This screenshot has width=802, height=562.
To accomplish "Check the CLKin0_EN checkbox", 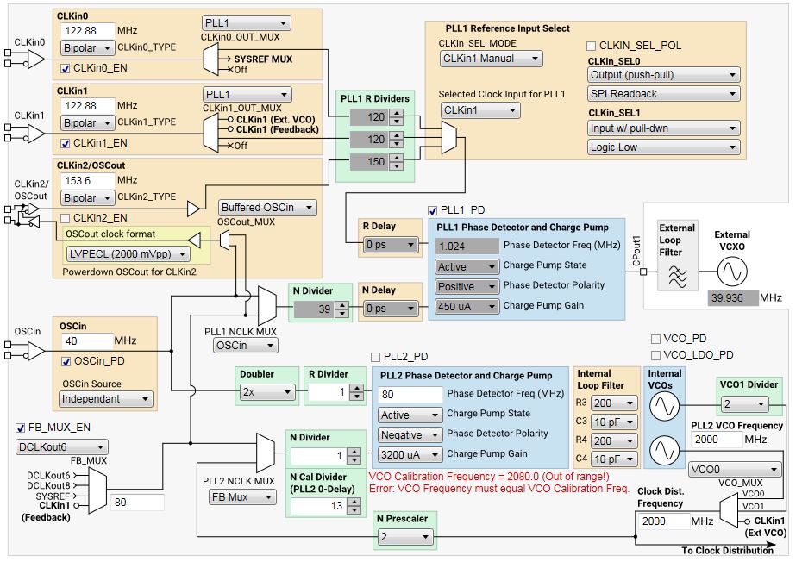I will (x=65, y=67).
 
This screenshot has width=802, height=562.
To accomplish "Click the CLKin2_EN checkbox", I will (x=65, y=218).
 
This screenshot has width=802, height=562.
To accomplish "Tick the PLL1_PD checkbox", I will (x=433, y=209).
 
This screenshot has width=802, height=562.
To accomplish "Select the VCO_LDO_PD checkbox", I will (x=656, y=354).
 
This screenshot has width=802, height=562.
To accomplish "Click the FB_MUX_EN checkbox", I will (x=22, y=428).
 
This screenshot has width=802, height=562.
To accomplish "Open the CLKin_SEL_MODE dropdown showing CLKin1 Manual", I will (x=490, y=59).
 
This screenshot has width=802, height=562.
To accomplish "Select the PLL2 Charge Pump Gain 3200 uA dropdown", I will (x=410, y=454).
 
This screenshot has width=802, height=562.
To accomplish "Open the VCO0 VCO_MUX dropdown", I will (x=734, y=470).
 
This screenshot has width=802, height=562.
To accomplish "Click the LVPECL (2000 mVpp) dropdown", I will (x=135, y=253).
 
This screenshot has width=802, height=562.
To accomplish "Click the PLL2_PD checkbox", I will (x=375, y=357).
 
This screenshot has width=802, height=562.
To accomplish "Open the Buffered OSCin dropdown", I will (x=267, y=207).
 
